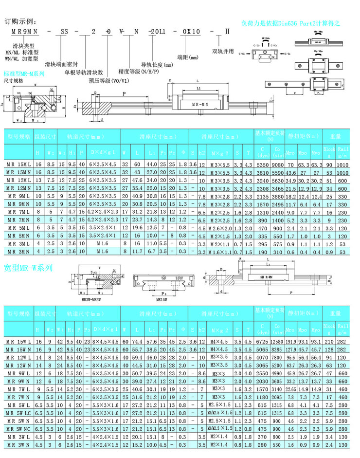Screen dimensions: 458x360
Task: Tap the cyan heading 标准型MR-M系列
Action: pyautogui.click(x=24, y=74)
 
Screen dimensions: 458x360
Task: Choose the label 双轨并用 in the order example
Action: pyautogui.click(x=223, y=51)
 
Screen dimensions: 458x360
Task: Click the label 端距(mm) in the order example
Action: pyautogui.click(x=188, y=57)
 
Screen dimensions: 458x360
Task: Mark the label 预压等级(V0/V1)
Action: pyautogui.click(x=109, y=81)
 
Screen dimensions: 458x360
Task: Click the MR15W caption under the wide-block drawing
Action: pyautogui.click(x=162, y=300)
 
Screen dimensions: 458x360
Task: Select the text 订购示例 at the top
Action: pyautogui.click(x=20, y=22)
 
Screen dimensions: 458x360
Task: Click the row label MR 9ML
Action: pyautogui.click(x=18, y=196)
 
